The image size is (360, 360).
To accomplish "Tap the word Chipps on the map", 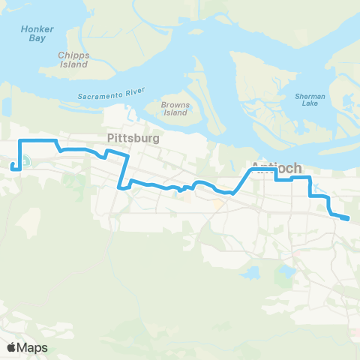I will click(73, 55).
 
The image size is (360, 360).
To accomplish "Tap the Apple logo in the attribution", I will click(11, 347).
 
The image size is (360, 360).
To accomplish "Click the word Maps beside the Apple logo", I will click(33, 347).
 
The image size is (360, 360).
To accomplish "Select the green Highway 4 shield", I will click(25, 160).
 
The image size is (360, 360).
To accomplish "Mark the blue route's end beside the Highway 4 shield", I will click(13, 166).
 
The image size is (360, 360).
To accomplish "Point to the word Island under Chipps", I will click(73, 64).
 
